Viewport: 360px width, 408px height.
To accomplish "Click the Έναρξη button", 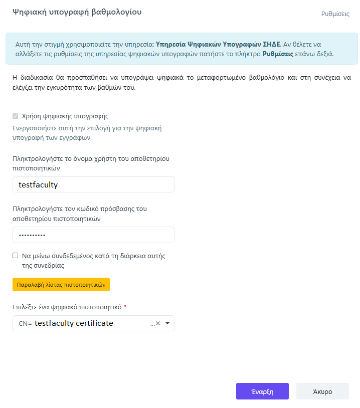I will pos(262,391).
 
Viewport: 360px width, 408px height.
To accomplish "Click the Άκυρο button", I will pos(322,391).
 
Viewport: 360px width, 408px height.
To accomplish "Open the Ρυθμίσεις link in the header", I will pos(335,14).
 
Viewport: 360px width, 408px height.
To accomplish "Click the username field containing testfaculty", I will pos(93,184).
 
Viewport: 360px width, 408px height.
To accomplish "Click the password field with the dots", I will pos(93,235).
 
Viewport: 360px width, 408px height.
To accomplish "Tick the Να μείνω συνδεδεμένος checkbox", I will pos(16,256).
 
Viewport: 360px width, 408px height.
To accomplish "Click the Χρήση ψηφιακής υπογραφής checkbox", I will pos(16,116).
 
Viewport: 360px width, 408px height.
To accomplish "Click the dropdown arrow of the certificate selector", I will pos(167,323).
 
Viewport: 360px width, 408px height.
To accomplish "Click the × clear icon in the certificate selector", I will pos(158,323).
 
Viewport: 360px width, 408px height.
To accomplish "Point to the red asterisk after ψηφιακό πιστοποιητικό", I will pos(125,306).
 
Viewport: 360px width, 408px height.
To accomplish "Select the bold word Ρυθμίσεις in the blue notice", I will pos(278,54).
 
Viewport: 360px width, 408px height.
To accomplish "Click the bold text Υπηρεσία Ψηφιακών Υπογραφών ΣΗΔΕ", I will pos(218,44).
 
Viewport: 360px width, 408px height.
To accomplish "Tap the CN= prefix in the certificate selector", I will pos(25,324).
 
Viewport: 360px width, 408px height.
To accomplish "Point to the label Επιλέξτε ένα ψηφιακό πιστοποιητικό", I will pos(67,306).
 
